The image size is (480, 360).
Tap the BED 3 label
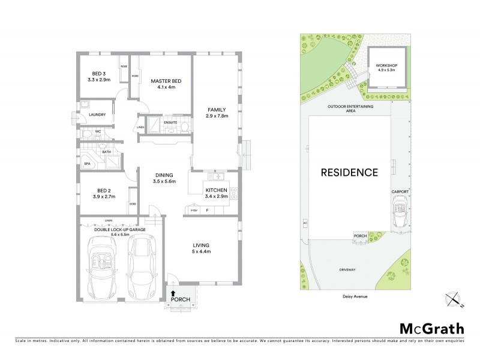coord(95,73)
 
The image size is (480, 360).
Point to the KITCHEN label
coord(216,190)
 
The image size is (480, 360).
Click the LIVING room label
coord(201,244)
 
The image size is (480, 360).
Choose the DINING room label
coord(164,175)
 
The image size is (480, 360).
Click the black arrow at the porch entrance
coord(173,293)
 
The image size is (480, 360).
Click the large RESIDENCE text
coord(349,173)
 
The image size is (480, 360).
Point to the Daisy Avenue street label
coord(350,295)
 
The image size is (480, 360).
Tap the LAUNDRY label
coord(97,115)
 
